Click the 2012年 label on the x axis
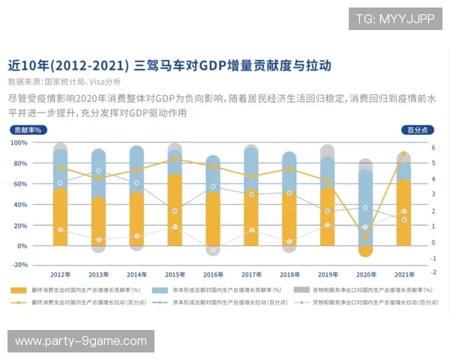(60, 274)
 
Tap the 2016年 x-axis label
(213, 274)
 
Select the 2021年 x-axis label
(404, 274)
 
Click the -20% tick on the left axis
(19, 265)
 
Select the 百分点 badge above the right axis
(417, 130)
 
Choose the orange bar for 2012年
(60, 217)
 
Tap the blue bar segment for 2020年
(366, 202)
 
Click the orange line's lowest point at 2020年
(366, 237)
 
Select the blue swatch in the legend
(158, 289)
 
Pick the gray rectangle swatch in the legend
(301, 289)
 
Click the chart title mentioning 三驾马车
(169, 65)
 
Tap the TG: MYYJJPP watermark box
(395, 18)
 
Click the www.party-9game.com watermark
(81, 341)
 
